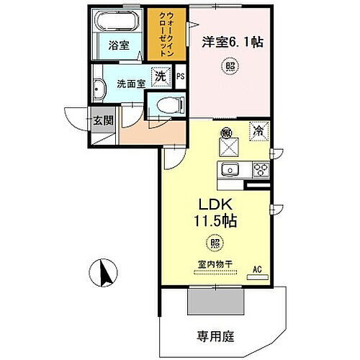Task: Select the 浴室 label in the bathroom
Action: coord(118,45)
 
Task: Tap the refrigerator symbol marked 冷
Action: coord(256,130)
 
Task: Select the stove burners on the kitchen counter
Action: coord(258,170)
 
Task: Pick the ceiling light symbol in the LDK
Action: coord(215,243)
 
